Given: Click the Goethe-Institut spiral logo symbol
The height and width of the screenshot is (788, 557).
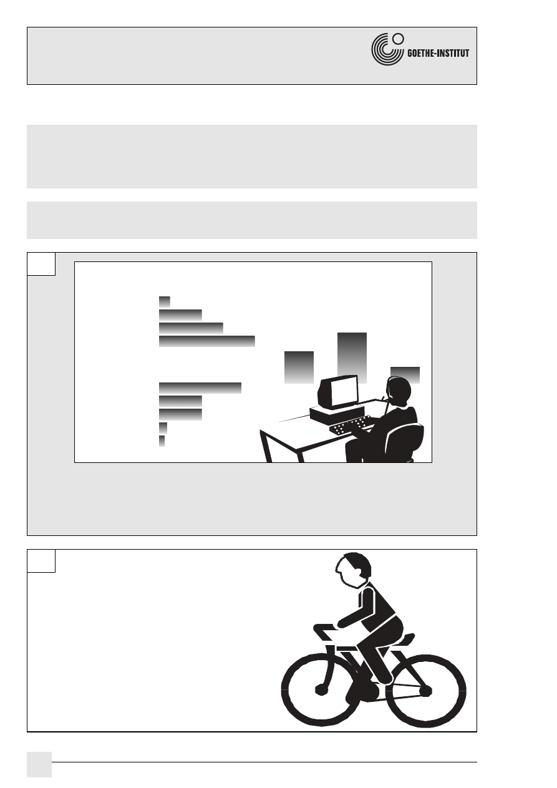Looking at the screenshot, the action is [387, 49].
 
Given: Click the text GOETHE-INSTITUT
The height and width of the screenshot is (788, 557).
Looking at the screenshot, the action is [438, 53].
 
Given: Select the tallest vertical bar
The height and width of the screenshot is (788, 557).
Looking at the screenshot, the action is [352, 358].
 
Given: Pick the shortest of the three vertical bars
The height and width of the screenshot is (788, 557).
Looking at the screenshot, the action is [405, 375].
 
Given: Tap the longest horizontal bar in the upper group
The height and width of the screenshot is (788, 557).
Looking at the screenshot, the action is [206, 341].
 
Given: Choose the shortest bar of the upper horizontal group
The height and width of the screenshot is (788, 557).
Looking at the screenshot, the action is [164, 302].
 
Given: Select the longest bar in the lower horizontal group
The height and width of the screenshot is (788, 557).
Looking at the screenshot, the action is [200, 387].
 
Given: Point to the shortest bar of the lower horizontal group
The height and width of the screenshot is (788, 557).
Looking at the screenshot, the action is [162, 440].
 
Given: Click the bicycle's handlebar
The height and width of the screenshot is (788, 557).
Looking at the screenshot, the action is [325, 628].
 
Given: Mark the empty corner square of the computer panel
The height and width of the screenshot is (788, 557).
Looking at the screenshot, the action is [41, 264].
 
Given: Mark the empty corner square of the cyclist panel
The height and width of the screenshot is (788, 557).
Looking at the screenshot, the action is [41, 561].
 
